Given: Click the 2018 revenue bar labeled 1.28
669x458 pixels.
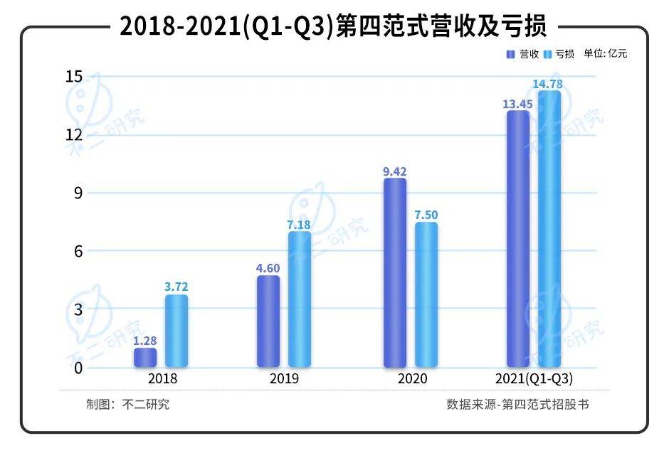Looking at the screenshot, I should pyautogui.click(x=145, y=358).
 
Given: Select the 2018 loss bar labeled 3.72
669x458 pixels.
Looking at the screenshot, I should pyautogui.click(x=177, y=331).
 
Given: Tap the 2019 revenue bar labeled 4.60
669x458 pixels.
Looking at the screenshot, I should pyautogui.click(x=268, y=321).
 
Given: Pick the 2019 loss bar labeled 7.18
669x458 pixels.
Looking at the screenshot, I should pyautogui.click(x=300, y=299).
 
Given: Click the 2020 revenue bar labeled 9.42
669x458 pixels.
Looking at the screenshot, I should pyautogui.click(x=395, y=273).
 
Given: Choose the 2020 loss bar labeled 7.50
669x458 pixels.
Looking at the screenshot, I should pyautogui.click(x=426, y=295).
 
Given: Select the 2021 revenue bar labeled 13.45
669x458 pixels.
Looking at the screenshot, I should pyautogui.click(x=517, y=239).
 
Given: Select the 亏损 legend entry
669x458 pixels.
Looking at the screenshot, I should pyautogui.click(x=559, y=54).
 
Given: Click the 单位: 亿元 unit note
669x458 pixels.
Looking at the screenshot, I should pyautogui.click(x=606, y=54).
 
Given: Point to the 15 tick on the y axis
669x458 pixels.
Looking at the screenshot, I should pyautogui.click(x=74, y=76).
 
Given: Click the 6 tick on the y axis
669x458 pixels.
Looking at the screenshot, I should pyautogui.click(x=78, y=251).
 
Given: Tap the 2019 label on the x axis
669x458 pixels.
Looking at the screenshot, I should pyautogui.click(x=284, y=378).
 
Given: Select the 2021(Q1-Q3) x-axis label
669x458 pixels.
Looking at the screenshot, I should pyautogui.click(x=533, y=378).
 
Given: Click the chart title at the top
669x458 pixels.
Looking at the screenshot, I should pyautogui.click(x=333, y=27).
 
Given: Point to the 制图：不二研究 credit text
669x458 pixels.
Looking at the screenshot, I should pyautogui.click(x=128, y=405).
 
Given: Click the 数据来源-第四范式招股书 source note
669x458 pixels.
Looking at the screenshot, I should pyautogui.click(x=518, y=405).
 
